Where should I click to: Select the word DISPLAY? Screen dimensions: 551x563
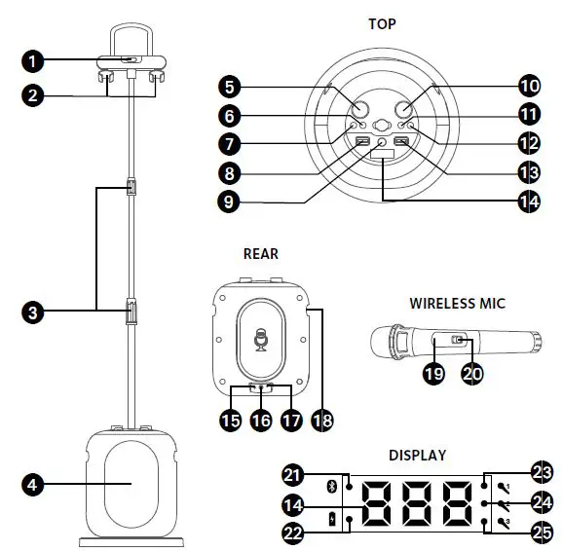click(417, 455)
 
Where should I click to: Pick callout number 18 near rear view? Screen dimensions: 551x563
click(321, 422)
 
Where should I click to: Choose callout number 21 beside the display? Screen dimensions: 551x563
click(291, 474)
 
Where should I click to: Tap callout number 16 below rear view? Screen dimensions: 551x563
click(260, 422)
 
